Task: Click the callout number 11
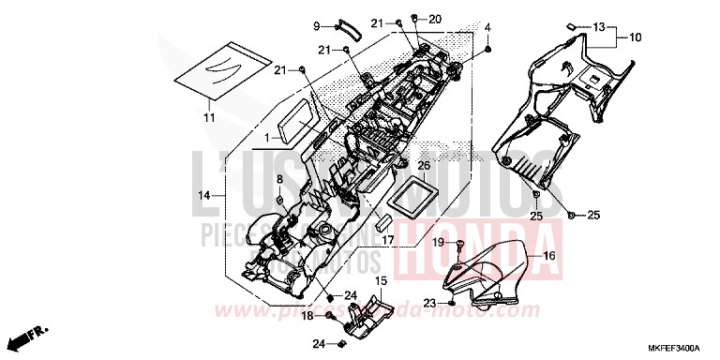209,117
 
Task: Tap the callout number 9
317,25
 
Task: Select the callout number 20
434,19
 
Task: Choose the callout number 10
635,37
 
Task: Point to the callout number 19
438,242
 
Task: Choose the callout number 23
428,304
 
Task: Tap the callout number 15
381,280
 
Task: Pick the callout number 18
307,317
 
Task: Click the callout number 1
266,138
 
